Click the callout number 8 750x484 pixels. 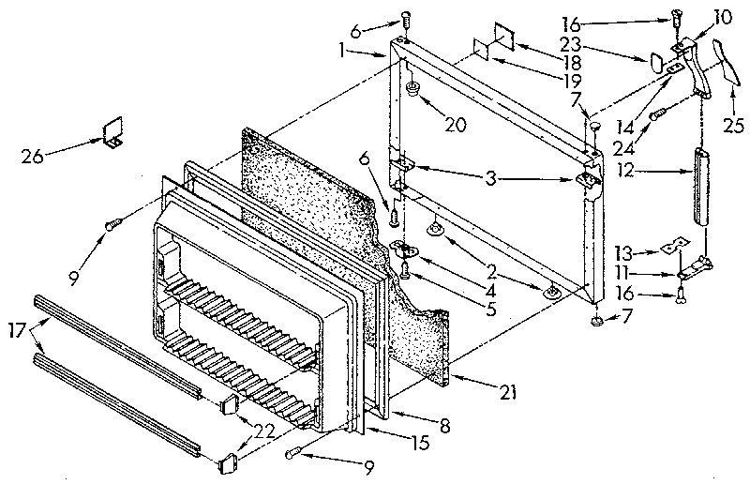[445, 426]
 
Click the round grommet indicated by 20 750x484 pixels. [412, 90]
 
